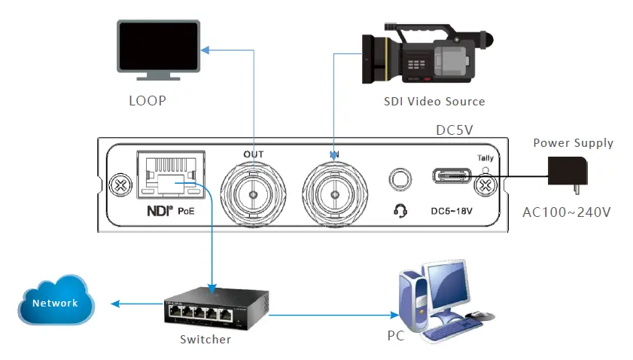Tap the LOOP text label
pyautogui.click(x=147, y=100)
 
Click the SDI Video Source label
pyautogui.click(x=434, y=101)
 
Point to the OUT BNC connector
pyautogui.click(x=254, y=193)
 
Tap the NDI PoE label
pyautogui.click(x=170, y=212)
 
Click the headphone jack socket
pyautogui.click(x=400, y=179)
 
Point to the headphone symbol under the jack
pyautogui.click(x=400, y=211)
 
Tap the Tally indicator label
pyautogui.click(x=485, y=157)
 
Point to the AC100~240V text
pyautogui.click(x=566, y=212)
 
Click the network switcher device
pyautogui.click(x=204, y=308)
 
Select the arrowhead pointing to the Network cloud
pyautogui.click(x=114, y=304)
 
